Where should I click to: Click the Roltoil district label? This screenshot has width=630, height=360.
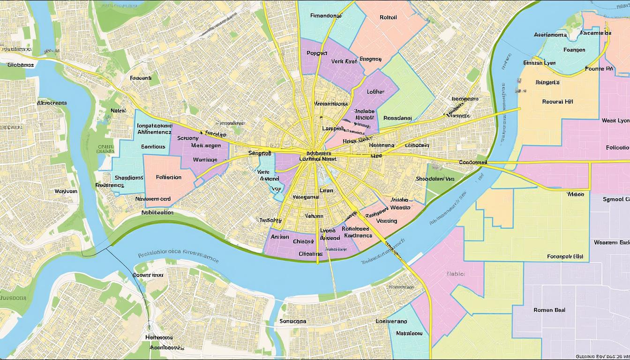(388, 17)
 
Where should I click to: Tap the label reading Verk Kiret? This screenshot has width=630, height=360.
(344, 61)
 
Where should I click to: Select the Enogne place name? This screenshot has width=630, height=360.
(370, 60)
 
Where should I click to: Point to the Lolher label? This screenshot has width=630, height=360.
(375, 92)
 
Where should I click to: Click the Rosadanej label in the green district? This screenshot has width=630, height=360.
(397, 118)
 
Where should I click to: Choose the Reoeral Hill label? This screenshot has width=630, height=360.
(557, 101)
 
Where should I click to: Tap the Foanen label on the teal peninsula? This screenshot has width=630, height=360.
(574, 50)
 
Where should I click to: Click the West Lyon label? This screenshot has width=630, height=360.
(615, 120)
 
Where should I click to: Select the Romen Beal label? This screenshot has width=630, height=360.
(549, 310)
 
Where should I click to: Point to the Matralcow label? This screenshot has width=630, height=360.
(409, 333)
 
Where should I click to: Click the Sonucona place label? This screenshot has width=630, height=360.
(292, 321)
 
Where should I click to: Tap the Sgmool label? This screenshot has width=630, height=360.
(615, 199)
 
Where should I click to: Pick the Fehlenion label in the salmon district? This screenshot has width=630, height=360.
(168, 177)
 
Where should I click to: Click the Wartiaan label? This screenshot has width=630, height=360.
(206, 159)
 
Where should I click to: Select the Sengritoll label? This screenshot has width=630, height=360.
(260, 153)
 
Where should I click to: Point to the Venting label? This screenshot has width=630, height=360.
(386, 221)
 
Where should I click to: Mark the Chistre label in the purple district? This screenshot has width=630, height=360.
(303, 241)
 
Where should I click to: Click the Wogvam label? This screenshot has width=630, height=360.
(66, 191)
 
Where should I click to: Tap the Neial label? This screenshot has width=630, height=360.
(118, 111)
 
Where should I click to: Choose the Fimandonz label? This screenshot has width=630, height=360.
(326, 15)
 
